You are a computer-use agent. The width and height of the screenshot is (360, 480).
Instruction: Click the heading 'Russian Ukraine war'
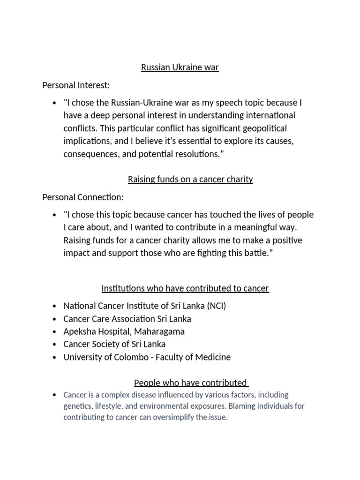tap(180, 67)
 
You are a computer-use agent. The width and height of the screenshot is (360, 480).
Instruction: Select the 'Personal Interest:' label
tap(76, 85)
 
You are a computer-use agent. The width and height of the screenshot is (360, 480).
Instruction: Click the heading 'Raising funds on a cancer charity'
tap(190, 179)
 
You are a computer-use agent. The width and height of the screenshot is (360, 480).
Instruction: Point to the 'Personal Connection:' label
tap(83, 197)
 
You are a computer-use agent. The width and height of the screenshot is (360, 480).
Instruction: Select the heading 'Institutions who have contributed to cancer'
tap(185, 288)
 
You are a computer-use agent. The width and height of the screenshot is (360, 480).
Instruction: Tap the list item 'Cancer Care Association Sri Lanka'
tap(127, 319)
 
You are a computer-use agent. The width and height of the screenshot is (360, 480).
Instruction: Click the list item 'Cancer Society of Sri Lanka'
tap(114, 344)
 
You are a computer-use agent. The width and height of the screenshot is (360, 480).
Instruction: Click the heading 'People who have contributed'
tap(190, 382)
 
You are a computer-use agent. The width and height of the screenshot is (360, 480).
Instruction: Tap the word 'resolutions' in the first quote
tap(195, 153)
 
